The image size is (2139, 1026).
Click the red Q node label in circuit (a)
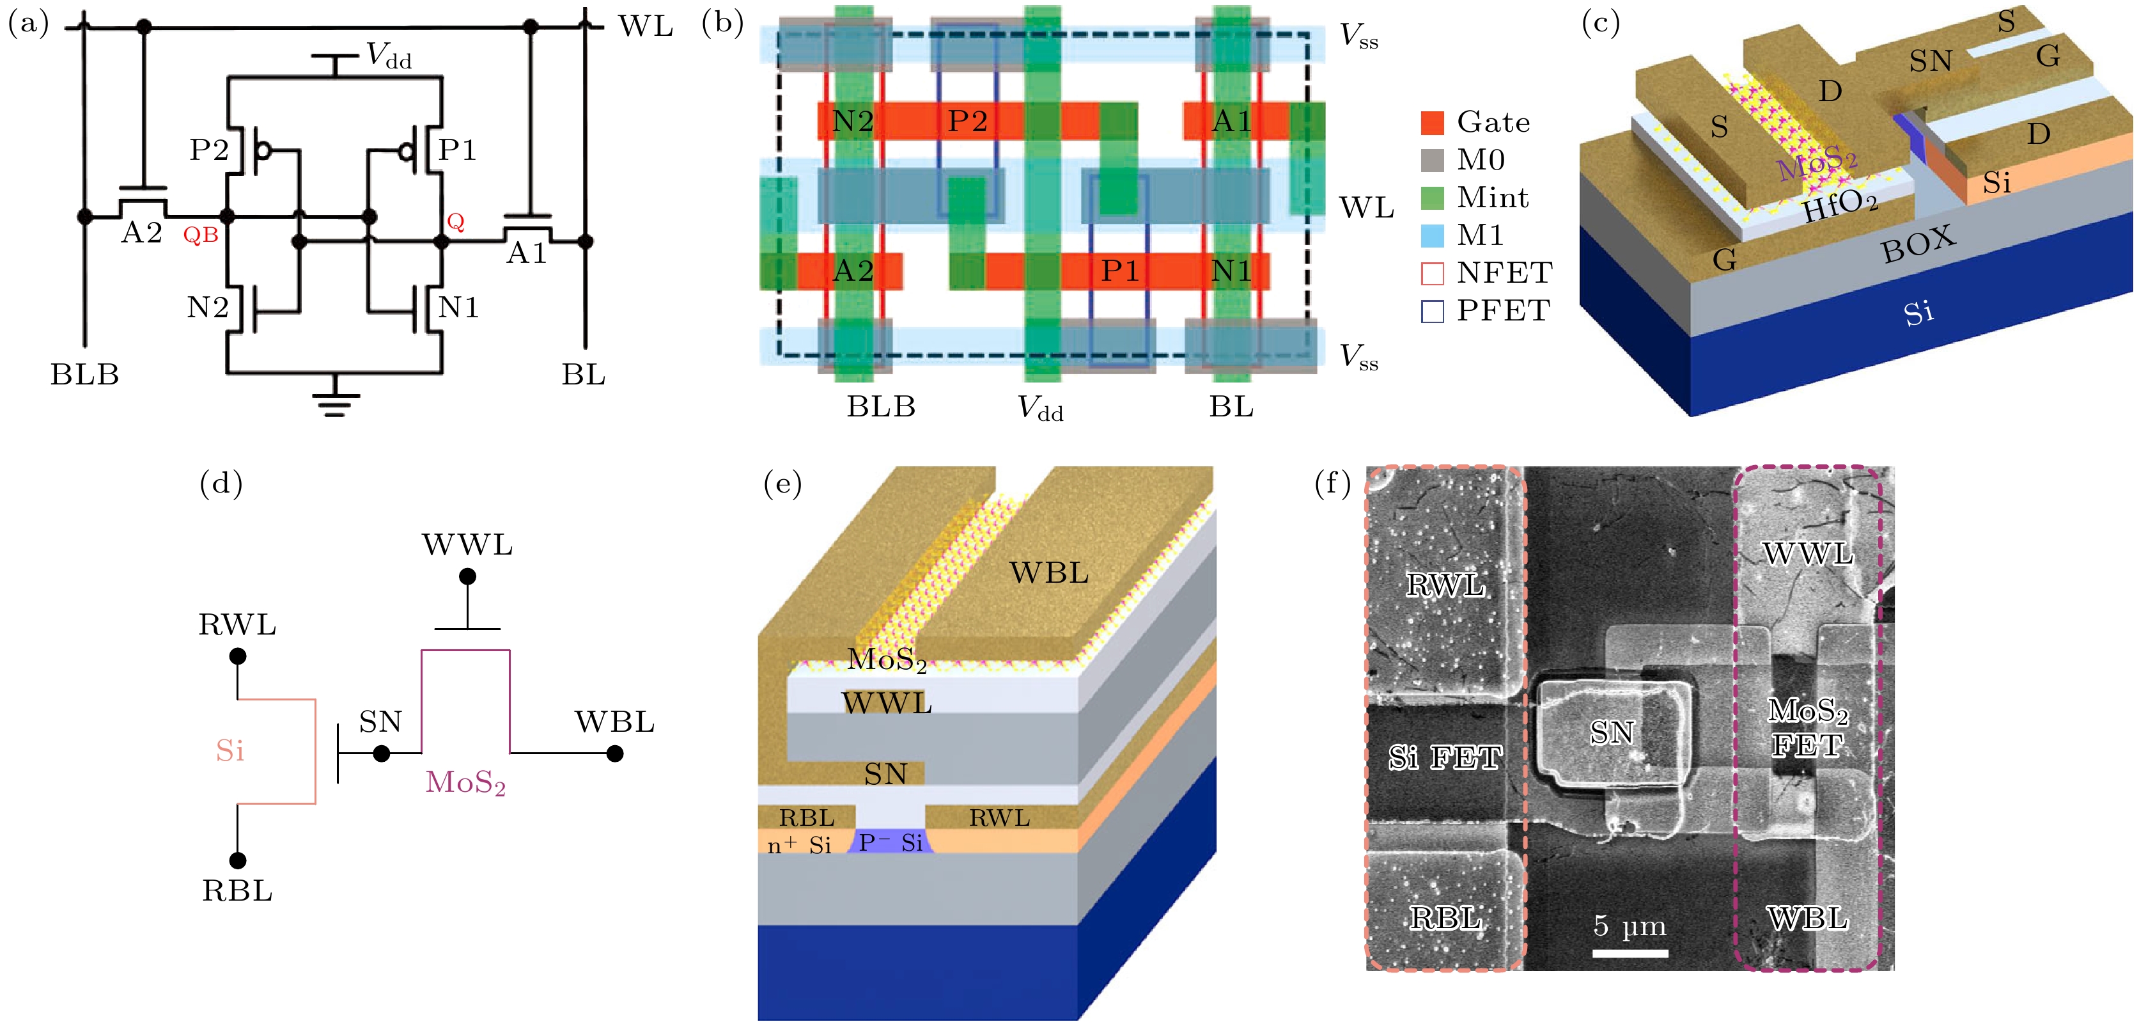click(x=455, y=222)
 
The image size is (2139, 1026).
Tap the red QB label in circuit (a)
click(x=200, y=235)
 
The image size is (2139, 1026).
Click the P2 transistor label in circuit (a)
click(x=208, y=150)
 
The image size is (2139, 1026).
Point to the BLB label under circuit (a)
click(x=84, y=375)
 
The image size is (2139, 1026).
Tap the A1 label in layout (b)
click(x=1231, y=122)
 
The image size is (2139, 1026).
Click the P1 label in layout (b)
click(x=1119, y=271)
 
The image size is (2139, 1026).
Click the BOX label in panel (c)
click(x=1918, y=244)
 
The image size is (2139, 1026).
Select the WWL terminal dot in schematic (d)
click(x=467, y=576)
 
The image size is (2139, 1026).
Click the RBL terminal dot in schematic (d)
click(x=237, y=860)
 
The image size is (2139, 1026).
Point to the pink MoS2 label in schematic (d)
click(x=465, y=782)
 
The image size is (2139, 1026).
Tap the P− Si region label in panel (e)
click(x=891, y=842)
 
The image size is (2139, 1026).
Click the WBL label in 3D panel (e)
click(x=1049, y=572)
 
